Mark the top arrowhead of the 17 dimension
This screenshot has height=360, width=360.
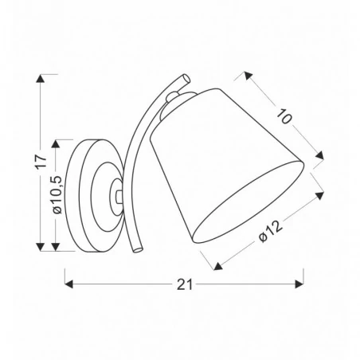pos(41,77)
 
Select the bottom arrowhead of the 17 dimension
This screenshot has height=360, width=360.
pos(41,249)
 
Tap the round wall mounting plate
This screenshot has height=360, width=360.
pos(92,195)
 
